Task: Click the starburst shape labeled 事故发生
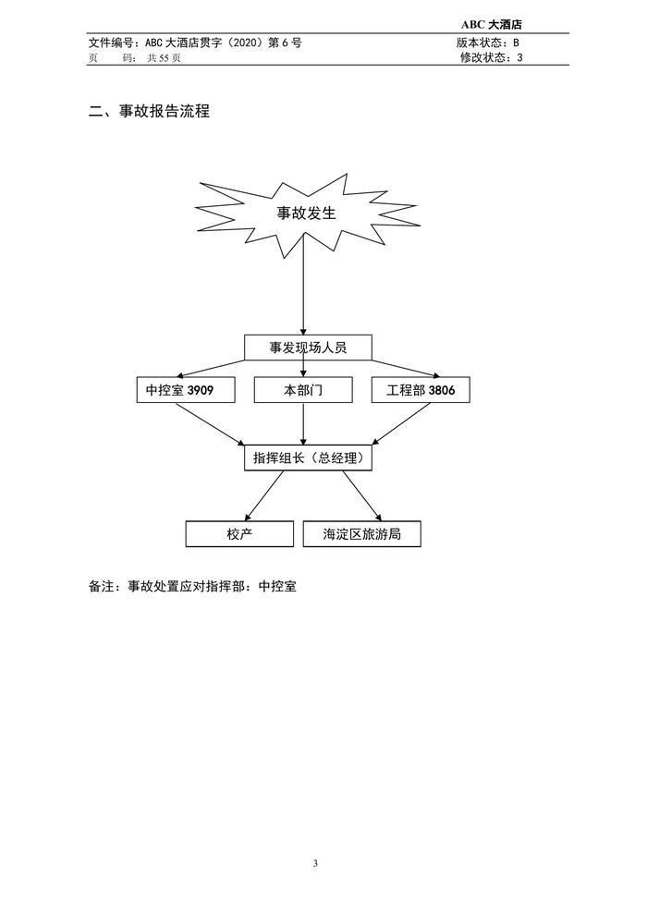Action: (x=307, y=214)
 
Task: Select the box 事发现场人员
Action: (x=308, y=348)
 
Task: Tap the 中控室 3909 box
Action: (x=186, y=390)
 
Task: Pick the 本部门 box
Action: (x=303, y=390)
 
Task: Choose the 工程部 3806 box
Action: (x=421, y=390)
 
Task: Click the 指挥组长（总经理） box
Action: (x=308, y=458)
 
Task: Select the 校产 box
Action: (x=239, y=534)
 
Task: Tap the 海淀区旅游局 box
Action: (x=361, y=534)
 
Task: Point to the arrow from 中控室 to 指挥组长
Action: (x=211, y=424)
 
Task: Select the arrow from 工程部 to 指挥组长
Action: (x=401, y=424)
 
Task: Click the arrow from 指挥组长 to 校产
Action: (x=264, y=496)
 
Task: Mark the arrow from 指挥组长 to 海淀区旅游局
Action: (x=361, y=496)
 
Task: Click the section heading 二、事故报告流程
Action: (x=149, y=111)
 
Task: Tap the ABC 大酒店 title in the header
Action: (x=491, y=25)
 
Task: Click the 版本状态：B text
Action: (x=488, y=43)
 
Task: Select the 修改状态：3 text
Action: (x=491, y=57)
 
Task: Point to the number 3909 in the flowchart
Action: (x=201, y=390)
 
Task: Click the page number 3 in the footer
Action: (x=315, y=863)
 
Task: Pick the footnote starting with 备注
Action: (x=192, y=586)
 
